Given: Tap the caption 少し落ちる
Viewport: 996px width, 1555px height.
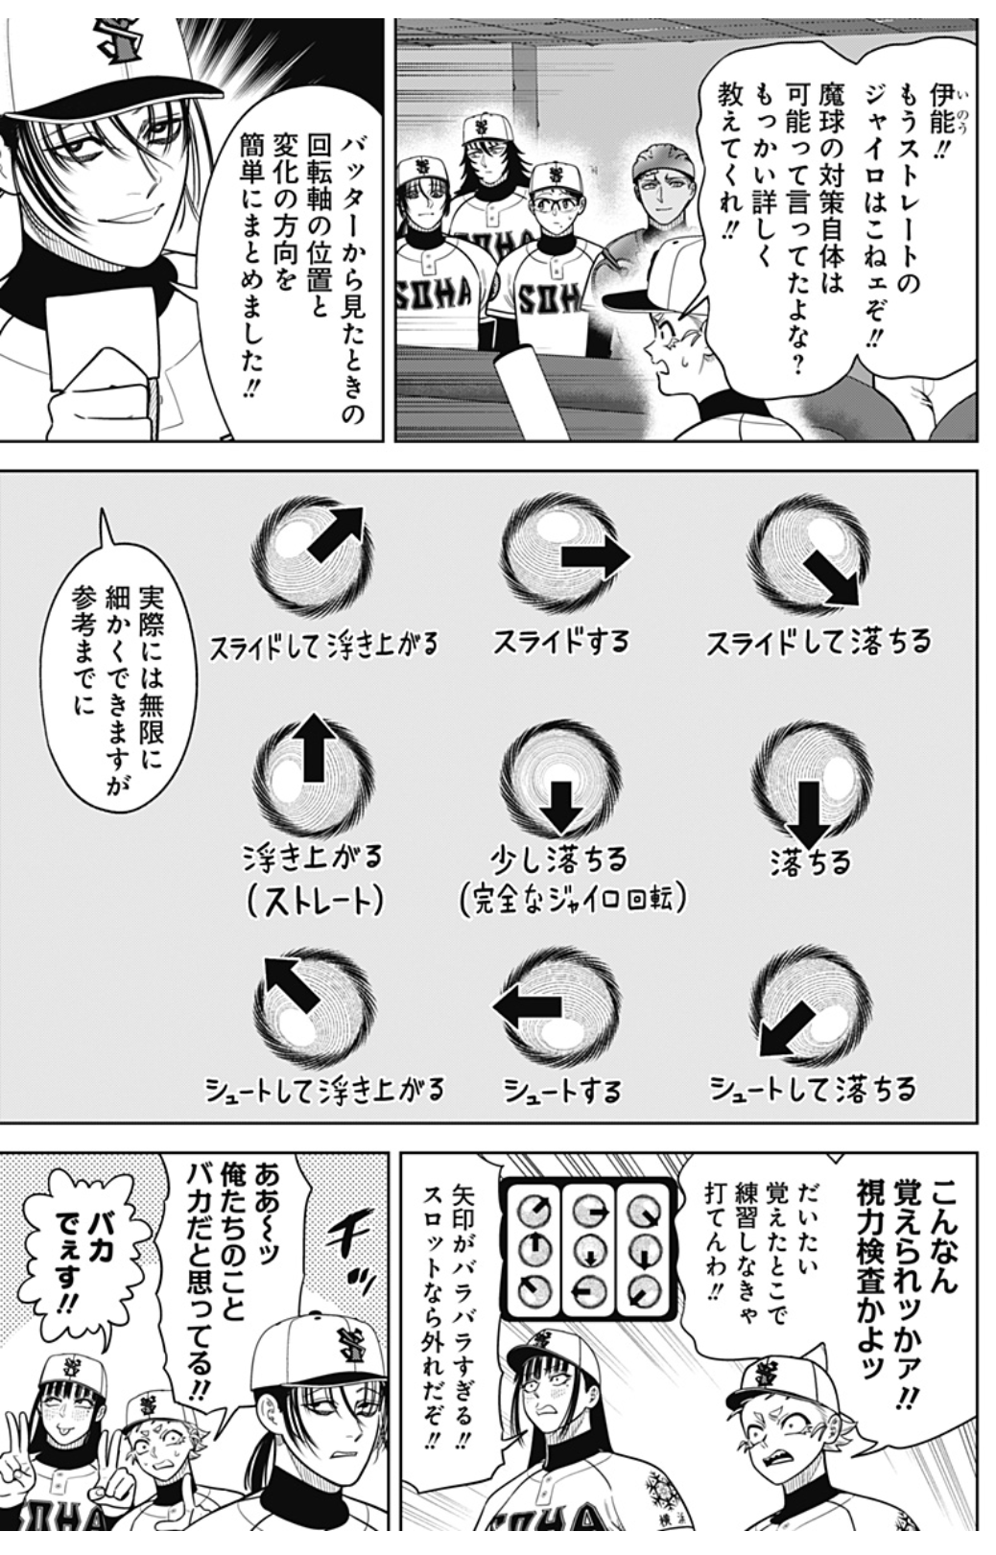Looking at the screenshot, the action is pos(558,860).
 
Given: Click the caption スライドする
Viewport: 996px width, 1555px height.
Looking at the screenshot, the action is pos(560,642).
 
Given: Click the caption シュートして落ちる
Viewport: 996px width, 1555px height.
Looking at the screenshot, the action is pos(812,1089).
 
